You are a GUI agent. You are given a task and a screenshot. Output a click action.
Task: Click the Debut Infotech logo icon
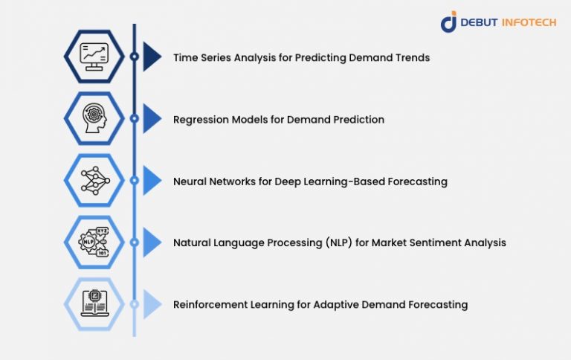448,22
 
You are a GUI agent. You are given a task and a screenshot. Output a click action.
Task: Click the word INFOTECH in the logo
529,22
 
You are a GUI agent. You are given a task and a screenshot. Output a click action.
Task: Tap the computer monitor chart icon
93,56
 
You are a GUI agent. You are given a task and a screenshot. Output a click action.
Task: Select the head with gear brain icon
93,118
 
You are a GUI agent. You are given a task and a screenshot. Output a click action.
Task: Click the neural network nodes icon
93,180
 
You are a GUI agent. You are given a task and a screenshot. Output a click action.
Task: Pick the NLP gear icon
93,242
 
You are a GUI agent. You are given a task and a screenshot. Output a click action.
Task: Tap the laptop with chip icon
93,303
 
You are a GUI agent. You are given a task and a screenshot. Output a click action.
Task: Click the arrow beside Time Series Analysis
152,57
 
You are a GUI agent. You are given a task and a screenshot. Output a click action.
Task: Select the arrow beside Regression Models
152,118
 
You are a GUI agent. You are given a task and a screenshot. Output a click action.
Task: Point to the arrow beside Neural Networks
152,181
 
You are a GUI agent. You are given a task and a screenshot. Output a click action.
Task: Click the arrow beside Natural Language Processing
152,242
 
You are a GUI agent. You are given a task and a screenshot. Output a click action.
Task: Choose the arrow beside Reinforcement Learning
152,304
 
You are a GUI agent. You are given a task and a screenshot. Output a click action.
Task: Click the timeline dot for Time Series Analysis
134,57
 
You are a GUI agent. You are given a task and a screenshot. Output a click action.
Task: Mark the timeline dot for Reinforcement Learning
134,304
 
